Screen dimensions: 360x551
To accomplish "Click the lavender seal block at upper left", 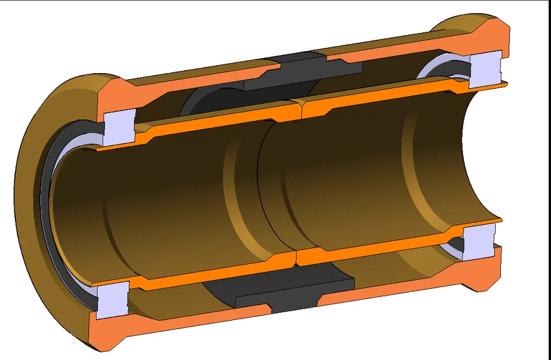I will pos(120,127).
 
